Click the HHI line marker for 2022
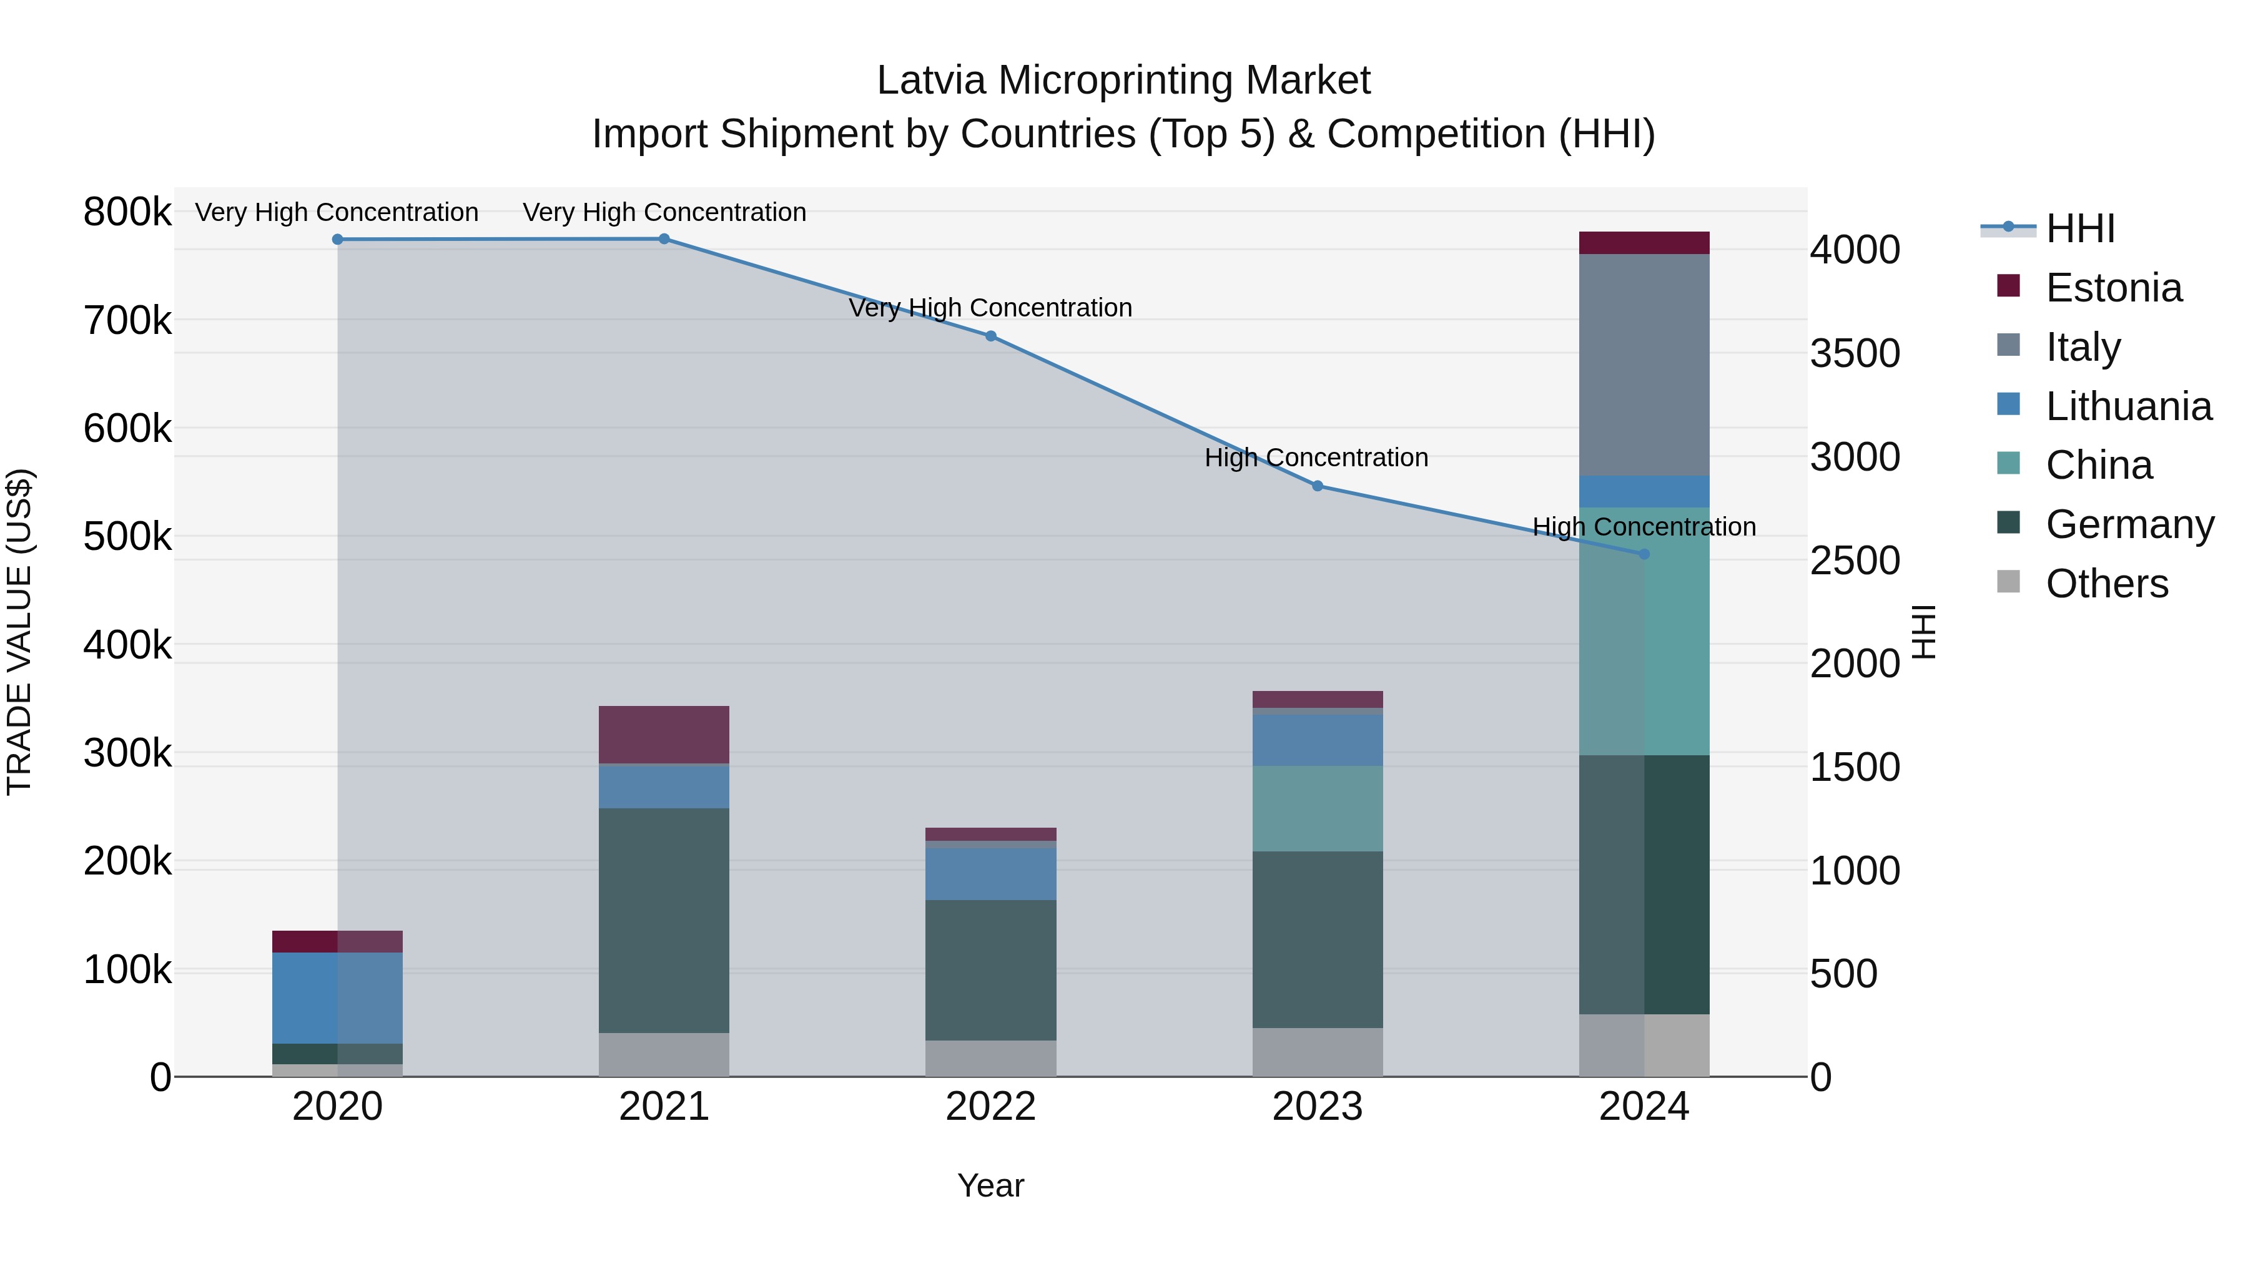(x=990, y=336)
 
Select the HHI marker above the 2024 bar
(x=1644, y=554)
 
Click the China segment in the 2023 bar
(x=1317, y=808)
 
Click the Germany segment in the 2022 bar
(x=990, y=970)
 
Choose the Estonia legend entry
(x=2112, y=288)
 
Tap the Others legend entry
(x=2106, y=584)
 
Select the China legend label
(x=2099, y=465)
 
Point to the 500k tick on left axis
(x=127, y=536)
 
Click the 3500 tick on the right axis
(x=1855, y=353)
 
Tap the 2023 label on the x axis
(x=1317, y=1107)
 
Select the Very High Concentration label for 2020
(x=336, y=212)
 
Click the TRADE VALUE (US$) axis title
(x=19, y=632)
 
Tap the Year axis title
(x=990, y=1185)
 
